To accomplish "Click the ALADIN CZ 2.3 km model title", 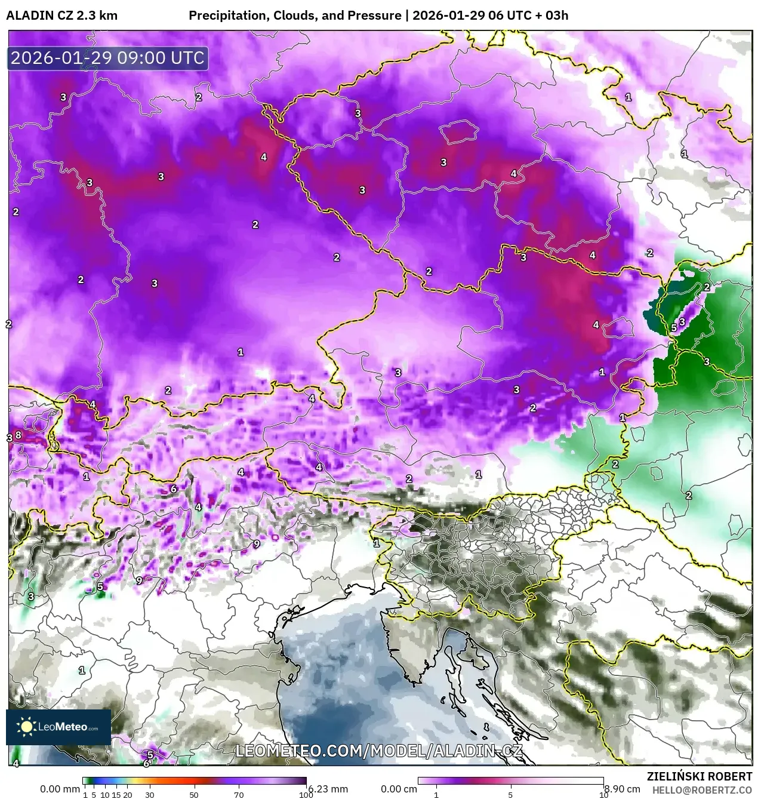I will click(x=61, y=16).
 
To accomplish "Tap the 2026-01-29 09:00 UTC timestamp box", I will click(x=108, y=58).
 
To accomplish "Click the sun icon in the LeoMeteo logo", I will click(x=27, y=727).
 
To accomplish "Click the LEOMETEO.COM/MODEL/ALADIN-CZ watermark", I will click(x=379, y=751).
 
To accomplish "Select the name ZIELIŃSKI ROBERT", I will click(x=700, y=776).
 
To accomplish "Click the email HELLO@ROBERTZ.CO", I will click(x=702, y=789).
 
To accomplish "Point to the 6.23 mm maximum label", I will click(x=328, y=789).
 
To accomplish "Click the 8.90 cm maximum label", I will click(x=622, y=789).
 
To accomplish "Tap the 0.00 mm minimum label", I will click(x=60, y=789).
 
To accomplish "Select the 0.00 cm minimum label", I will click(x=399, y=789).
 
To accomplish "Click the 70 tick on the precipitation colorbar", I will click(x=239, y=795).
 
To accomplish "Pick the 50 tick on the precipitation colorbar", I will click(x=194, y=795).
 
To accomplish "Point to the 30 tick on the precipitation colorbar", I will click(x=149, y=795).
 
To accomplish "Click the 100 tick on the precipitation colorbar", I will click(x=305, y=795).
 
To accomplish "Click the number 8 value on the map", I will click(x=19, y=435).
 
